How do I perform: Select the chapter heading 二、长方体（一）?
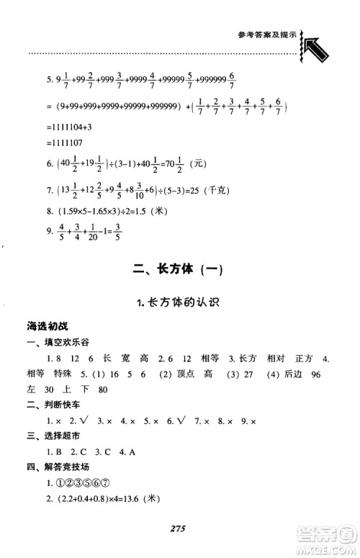coord(179,271)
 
